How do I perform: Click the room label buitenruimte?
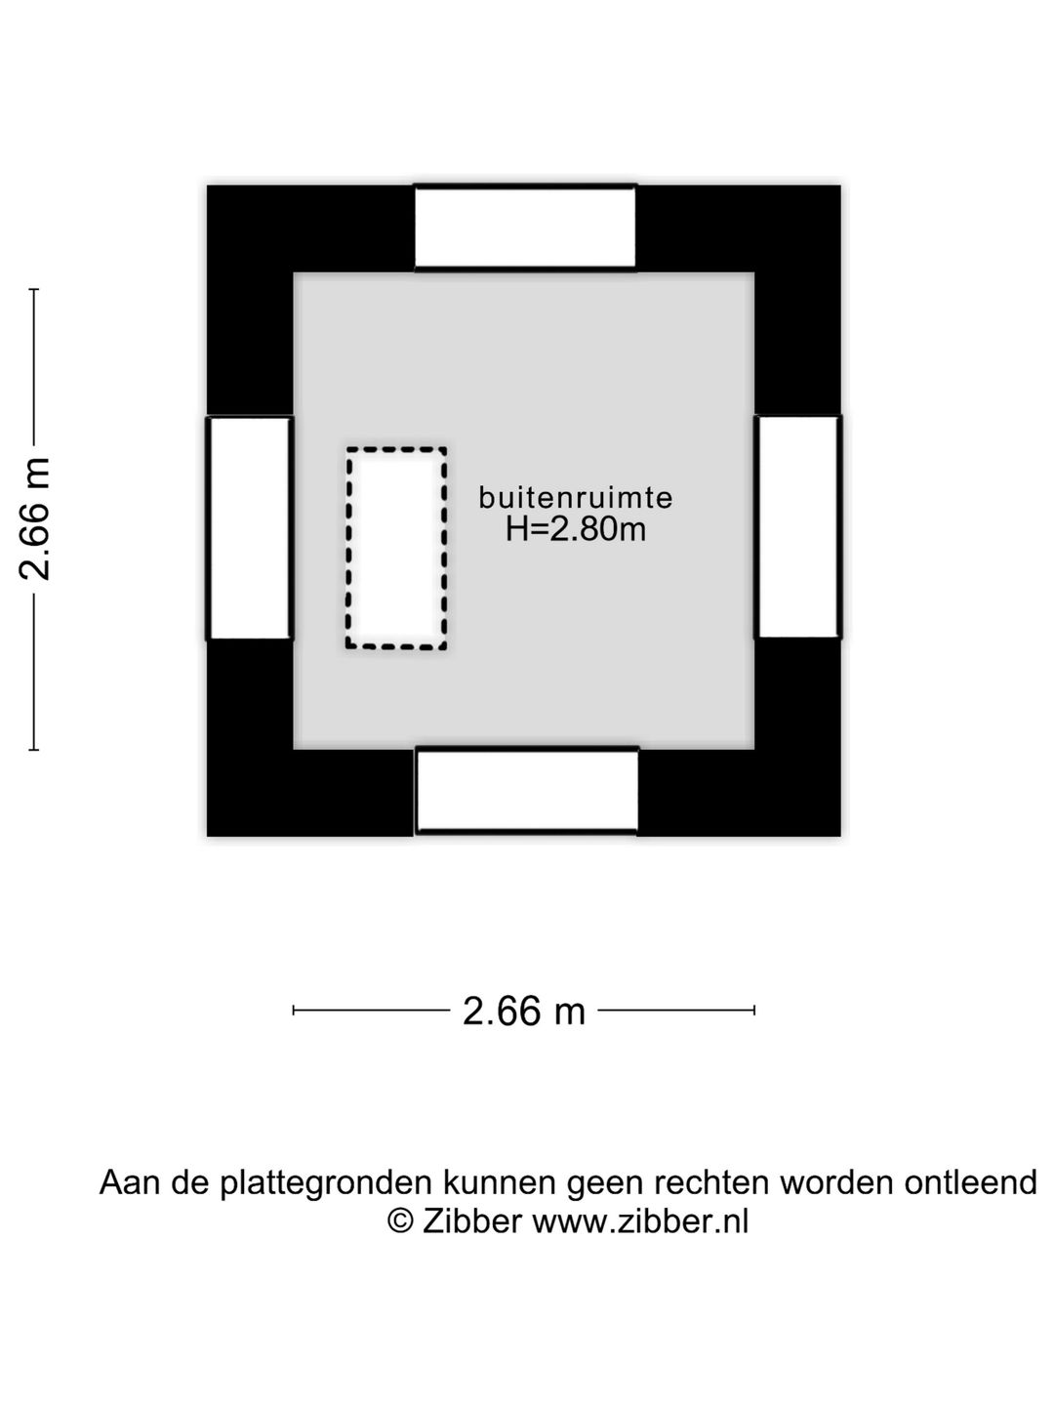[x=576, y=498]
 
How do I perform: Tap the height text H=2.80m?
[x=576, y=529]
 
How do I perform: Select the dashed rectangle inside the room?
[x=396, y=548]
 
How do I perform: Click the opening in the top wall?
[x=525, y=227]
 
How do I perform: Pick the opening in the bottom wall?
[x=527, y=790]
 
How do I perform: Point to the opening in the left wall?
[x=250, y=528]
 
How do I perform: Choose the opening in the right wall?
[x=798, y=527]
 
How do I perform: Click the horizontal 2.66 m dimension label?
[x=524, y=1012]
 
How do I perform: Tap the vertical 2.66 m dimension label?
[x=36, y=518]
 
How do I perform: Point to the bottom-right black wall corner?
[x=796, y=792]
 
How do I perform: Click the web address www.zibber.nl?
[x=640, y=1220]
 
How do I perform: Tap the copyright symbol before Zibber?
[x=400, y=1220]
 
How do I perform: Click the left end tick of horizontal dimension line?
[x=294, y=1011]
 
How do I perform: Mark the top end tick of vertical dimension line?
[x=34, y=290]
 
